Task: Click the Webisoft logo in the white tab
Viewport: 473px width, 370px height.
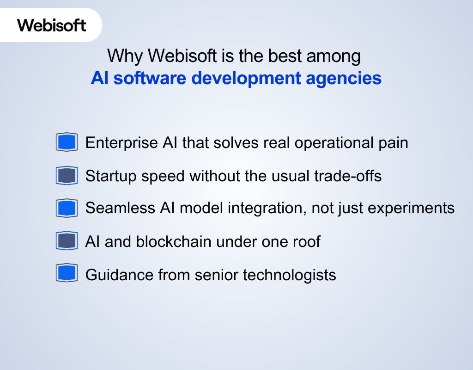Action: click(x=52, y=25)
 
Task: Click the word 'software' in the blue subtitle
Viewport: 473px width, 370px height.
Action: click(x=150, y=78)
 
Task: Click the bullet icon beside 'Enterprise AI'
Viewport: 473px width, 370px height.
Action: click(x=67, y=142)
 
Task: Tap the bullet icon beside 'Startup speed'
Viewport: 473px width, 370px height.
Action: click(x=67, y=176)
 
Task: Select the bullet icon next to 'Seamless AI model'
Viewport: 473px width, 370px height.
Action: click(x=67, y=208)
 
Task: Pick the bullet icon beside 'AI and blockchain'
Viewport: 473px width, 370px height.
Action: click(x=67, y=241)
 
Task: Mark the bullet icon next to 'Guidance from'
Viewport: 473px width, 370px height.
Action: click(x=67, y=273)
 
